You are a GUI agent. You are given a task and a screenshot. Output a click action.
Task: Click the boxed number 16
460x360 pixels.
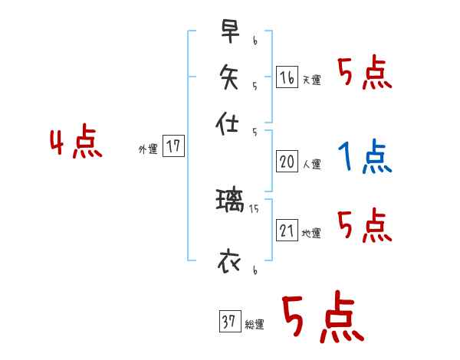click(287, 77)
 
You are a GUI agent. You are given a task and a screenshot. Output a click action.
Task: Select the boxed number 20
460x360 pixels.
click(287, 162)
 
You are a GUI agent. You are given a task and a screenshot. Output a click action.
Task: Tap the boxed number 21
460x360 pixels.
click(287, 231)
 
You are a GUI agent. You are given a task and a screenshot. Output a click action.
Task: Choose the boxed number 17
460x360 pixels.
click(174, 146)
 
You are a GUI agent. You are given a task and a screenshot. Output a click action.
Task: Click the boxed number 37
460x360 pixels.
click(228, 322)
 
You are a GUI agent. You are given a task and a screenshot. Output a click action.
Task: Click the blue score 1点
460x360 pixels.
click(363, 158)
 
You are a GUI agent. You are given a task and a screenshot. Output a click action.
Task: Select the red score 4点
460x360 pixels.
click(76, 144)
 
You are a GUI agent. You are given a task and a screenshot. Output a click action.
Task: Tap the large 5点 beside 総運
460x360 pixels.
click(321, 318)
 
